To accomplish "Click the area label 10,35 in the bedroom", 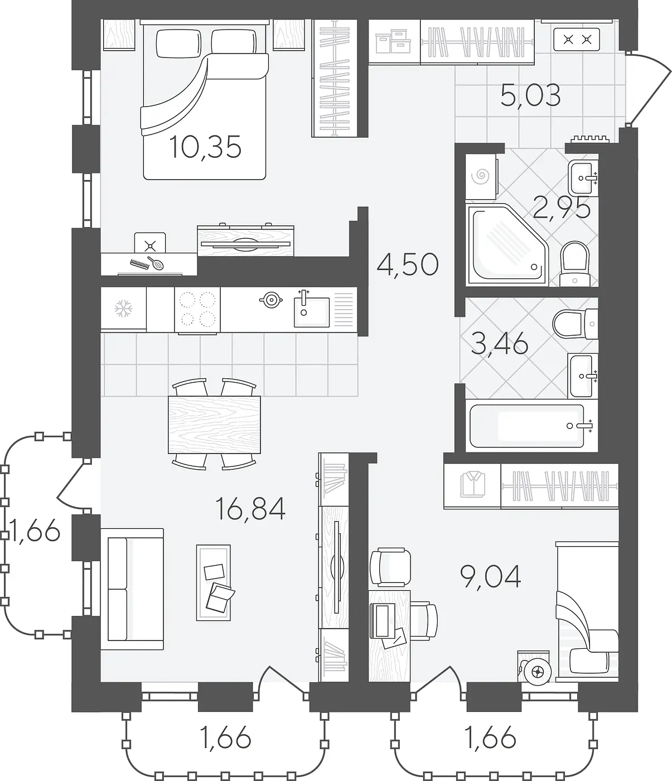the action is [x=205, y=147].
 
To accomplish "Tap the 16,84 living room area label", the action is [x=250, y=509].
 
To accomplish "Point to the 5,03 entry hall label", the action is [x=530, y=95].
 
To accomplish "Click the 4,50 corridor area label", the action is [x=408, y=265].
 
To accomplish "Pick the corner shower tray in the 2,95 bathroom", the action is [x=507, y=244].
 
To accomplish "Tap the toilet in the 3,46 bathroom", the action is [x=576, y=324].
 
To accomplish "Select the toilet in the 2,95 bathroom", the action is [x=574, y=264].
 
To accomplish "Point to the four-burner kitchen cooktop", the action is [x=197, y=310].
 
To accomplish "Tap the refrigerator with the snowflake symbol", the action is [x=123, y=308].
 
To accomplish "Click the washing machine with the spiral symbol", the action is [x=481, y=176].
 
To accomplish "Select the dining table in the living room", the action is [x=214, y=425].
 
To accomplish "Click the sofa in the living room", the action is [x=132, y=589].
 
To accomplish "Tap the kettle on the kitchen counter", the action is [x=271, y=300].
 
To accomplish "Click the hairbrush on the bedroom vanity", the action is [x=156, y=263].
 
